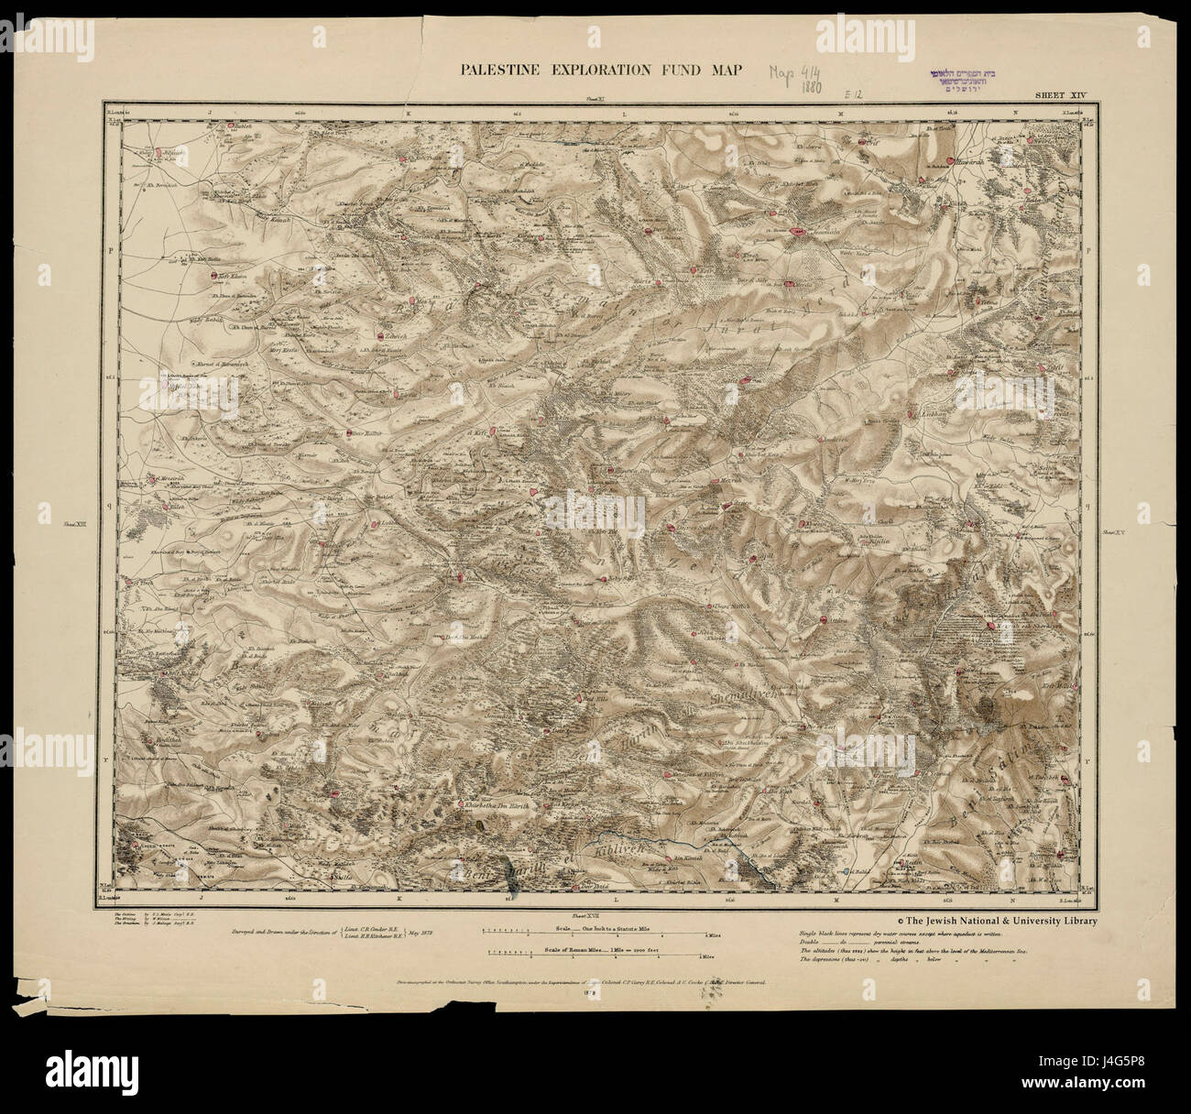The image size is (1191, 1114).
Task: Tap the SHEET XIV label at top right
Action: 1061,94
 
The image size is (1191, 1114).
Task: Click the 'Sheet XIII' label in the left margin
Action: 74,525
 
